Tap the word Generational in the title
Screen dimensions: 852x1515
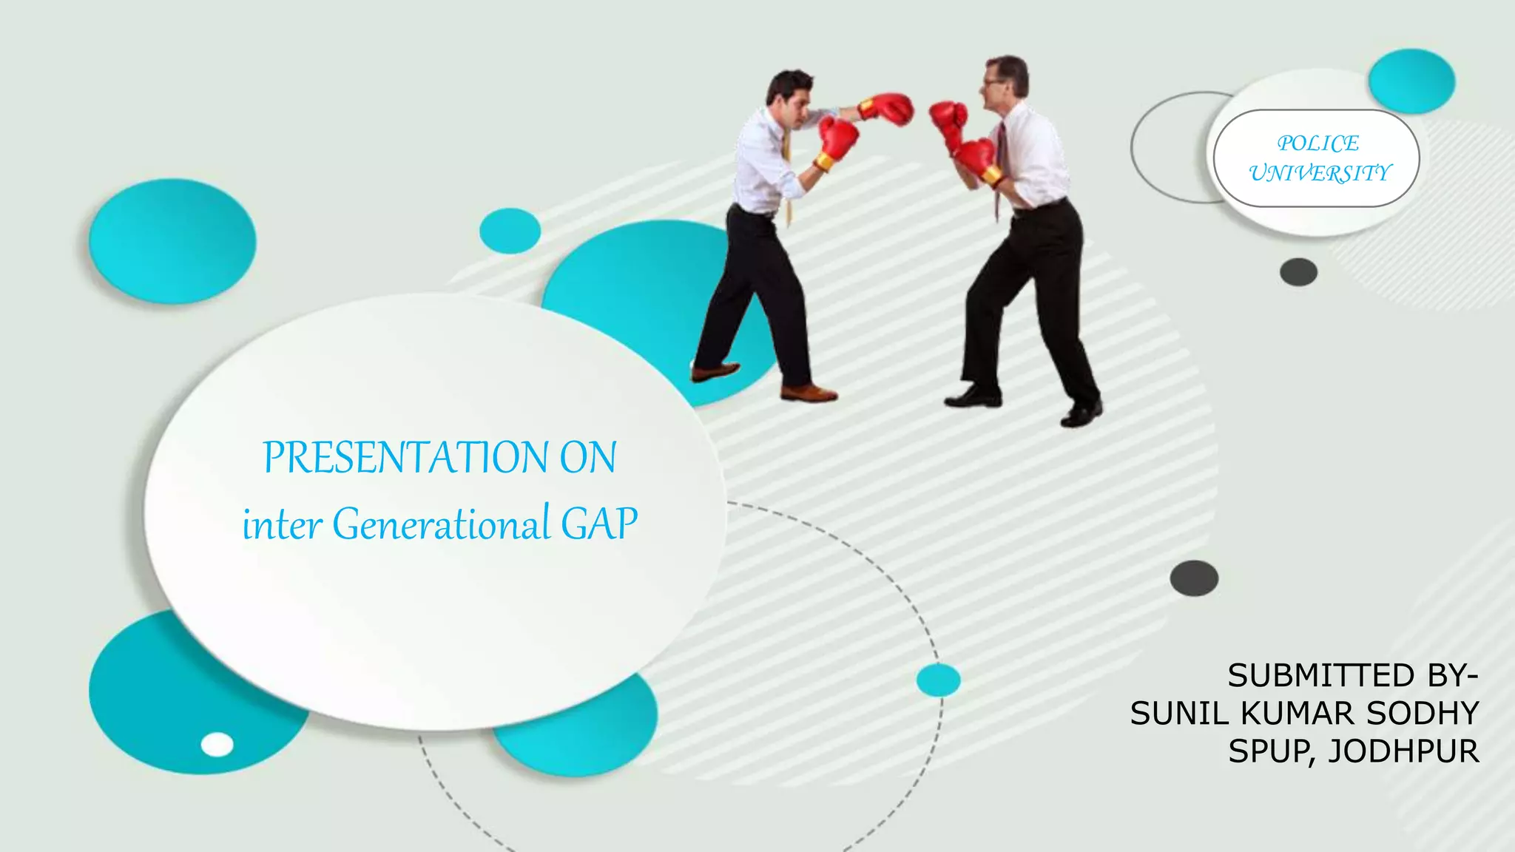click(x=440, y=524)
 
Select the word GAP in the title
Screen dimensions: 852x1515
click(x=598, y=524)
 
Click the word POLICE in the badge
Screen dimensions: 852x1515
click(x=1317, y=143)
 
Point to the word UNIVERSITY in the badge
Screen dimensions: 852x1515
click(x=1320, y=173)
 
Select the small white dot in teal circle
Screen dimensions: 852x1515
click(x=217, y=744)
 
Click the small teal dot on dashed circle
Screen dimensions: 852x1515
click(x=938, y=680)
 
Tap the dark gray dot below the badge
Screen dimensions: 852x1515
click(x=1298, y=272)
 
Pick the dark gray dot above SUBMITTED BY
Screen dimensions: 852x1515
click(x=1194, y=578)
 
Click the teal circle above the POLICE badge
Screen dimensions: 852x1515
click(x=1411, y=81)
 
